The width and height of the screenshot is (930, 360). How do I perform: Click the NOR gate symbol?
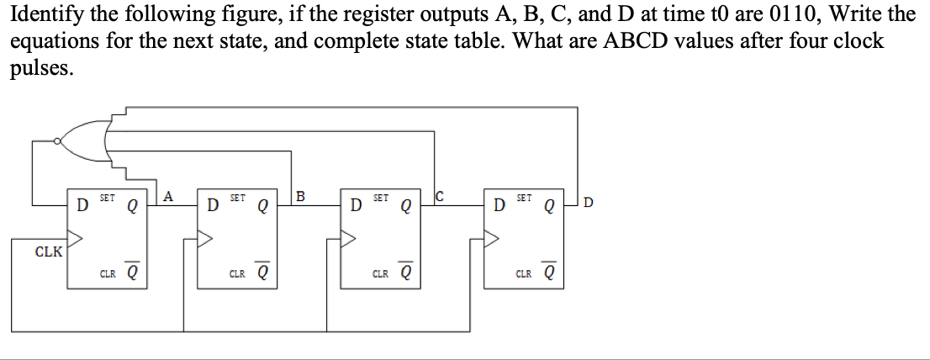point(84,140)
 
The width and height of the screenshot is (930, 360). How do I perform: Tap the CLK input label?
point(48,251)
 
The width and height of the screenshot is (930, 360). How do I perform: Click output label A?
point(168,196)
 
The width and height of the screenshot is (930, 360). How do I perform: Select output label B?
point(300,196)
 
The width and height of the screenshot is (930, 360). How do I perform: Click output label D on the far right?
point(587,202)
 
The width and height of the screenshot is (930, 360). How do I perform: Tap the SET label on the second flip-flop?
point(237,198)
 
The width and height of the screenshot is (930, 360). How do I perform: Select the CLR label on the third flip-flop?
point(379,273)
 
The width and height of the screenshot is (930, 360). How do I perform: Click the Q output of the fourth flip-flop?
point(549,205)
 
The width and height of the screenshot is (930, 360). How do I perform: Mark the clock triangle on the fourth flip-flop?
point(490,240)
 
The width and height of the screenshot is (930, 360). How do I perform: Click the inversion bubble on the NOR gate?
point(56,140)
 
